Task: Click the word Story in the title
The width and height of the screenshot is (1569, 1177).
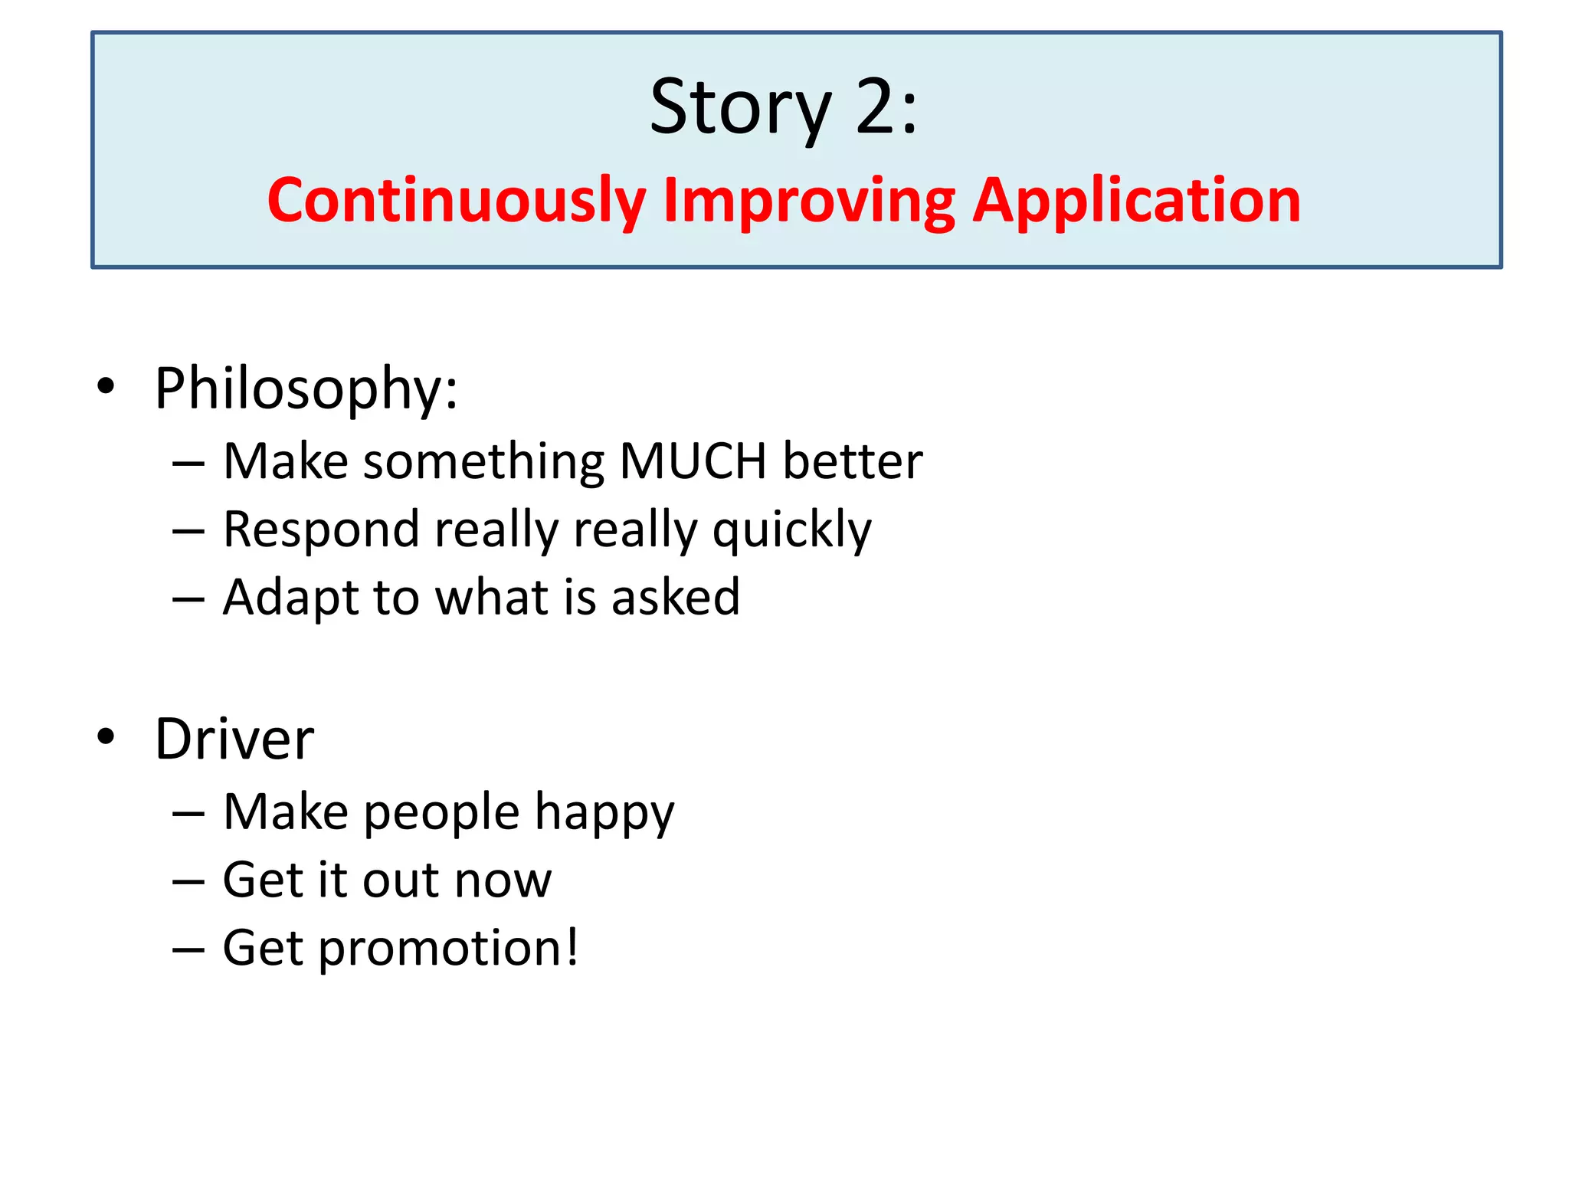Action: [x=740, y=109]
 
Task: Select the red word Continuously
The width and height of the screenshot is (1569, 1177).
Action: [x=457, y=201]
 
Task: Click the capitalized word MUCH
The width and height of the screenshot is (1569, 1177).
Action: [x=693, y=461]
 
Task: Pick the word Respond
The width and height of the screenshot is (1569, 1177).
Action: [x=321, y=530]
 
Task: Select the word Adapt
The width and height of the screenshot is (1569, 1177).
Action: [x=290, y=598]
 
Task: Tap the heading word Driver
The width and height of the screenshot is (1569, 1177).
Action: [x=234, y=739]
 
